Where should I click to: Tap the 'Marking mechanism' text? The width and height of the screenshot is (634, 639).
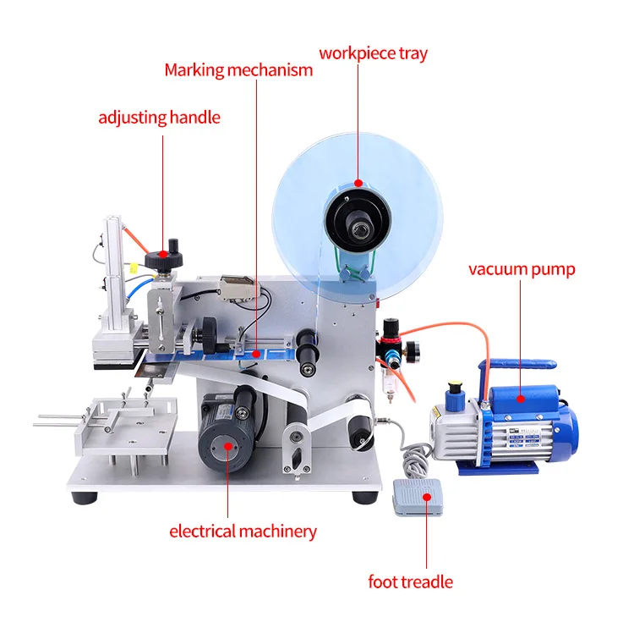[x=238, y=69]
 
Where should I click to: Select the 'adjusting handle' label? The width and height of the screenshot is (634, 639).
[x=159, y=117]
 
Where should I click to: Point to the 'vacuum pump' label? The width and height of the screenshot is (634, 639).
[x=522, y=270]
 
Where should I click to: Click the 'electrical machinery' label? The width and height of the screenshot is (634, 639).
[x=243, y=532]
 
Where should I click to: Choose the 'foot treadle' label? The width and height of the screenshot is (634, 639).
[x=410, y=581]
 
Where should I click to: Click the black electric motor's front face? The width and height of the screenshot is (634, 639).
[x=221, y=444]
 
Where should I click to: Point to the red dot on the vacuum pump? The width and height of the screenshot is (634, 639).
[x=521, y=397]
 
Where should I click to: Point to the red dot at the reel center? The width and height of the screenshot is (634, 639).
[x=358, y=181]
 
